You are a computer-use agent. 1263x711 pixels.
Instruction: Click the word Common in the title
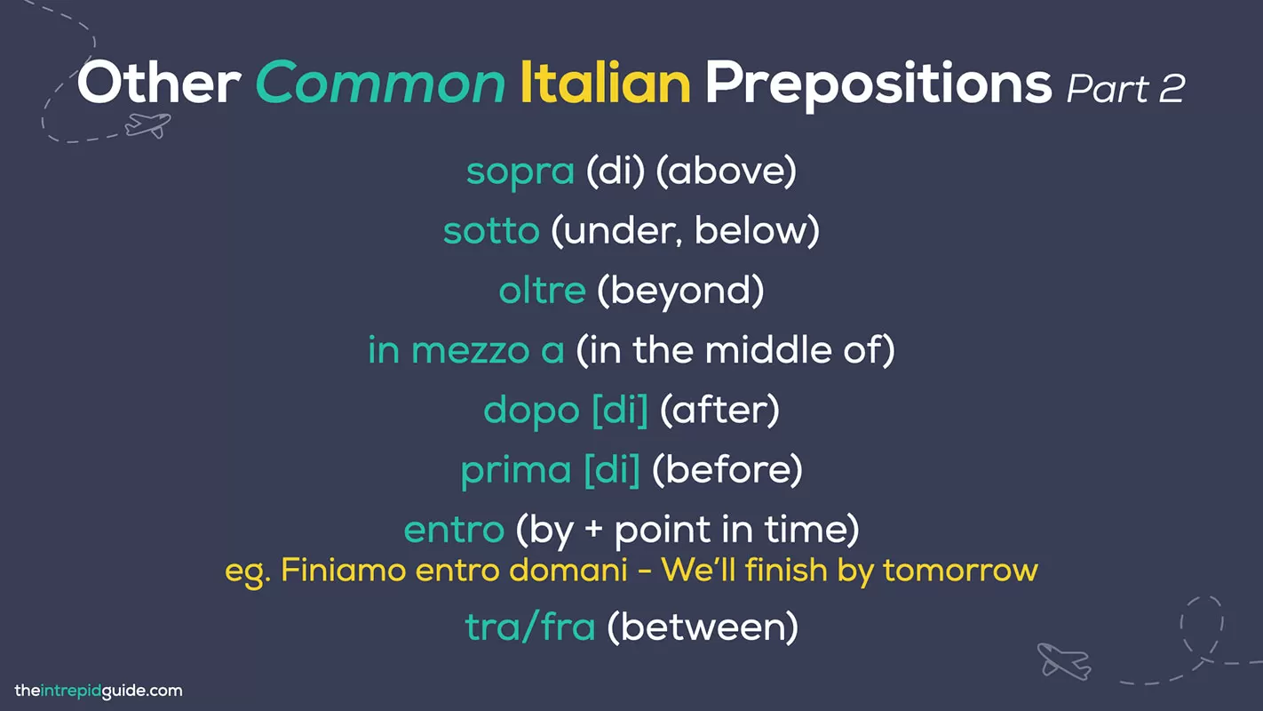pyautogui.click(x=380, y=84)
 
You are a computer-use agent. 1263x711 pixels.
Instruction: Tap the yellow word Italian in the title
pyautogui.click(x=605, y=83)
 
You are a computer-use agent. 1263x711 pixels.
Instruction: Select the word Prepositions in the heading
pyautogui.click(x=878, y=84)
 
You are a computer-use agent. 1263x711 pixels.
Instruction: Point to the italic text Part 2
pyautogui.click(x=1125, y=88)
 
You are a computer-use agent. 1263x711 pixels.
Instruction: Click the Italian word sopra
pyautogui.click(x=520, y=172)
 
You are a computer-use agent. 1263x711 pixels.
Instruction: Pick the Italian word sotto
pyautogui.click(x=491, y=232)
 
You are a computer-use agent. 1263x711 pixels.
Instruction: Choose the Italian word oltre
pyautogui.click(x=542, y=292)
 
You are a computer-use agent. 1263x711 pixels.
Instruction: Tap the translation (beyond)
pyautogui.click(x=680, y=292)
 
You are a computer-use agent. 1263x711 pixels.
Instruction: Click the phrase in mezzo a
pyautogui.click(x=466, y=351)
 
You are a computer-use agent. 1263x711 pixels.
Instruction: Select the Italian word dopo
pyautogui.click(x=532, y=411)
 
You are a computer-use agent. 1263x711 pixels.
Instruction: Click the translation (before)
pyautogui.click(x=727, y=470)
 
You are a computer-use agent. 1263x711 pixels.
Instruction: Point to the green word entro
pyautogui.click(x=454, y=531)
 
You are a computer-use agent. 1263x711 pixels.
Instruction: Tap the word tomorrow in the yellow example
pyautogui.click(x=961, y=570)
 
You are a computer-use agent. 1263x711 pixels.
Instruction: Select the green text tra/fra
pyautogui.click(x=530, y=627)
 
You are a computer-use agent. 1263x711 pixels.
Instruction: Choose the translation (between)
pyautogui.click(x=703, y=627)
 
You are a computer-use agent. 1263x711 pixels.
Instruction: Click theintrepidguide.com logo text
pyautogui.click(x=99, y=691)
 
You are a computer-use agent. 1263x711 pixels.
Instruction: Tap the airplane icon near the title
pyautogui.click(x=147, y=124)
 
